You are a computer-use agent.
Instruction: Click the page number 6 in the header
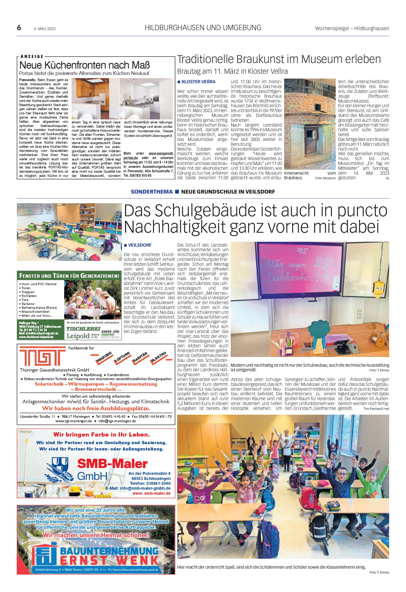19,28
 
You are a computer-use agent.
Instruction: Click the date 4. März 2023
45,29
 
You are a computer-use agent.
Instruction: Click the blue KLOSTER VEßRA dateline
198,82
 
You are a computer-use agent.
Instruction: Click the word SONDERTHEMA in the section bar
152,192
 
